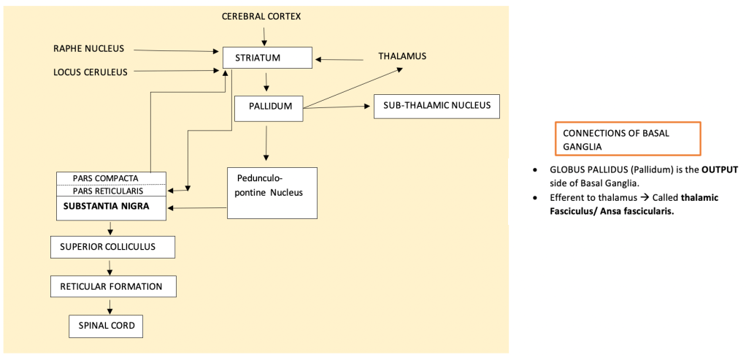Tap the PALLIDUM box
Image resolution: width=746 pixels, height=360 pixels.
tap(268, 107)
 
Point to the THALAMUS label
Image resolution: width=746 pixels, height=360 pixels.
tap(402, 56)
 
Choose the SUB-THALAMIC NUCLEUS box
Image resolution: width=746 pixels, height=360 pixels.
tap(437, 107)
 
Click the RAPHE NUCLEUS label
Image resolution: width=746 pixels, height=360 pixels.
tap(89, 49)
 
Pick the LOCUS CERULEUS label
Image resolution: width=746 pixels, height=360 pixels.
tap(91, 72)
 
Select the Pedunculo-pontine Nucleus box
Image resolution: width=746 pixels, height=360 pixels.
tap(272, 193)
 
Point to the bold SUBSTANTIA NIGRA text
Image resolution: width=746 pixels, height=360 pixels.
tap(106, 207)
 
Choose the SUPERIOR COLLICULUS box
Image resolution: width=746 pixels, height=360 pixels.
tap(113, 247)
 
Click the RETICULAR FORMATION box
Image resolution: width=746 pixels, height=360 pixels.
tap(113, 286)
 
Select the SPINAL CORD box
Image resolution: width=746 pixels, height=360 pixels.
tap(107, 326)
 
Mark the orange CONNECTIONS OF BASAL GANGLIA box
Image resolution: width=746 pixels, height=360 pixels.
tap(627, 139)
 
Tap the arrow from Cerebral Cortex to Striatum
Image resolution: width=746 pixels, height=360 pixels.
tap(265, 34)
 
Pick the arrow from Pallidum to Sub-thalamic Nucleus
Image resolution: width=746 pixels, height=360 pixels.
tap(336, 107)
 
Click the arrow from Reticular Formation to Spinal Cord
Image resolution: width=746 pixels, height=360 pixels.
tap(108, 307)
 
